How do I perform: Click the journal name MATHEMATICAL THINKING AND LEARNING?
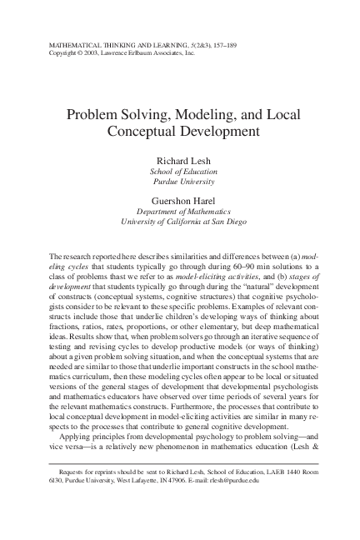click(101, 41)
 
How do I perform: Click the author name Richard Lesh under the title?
click(180, 159)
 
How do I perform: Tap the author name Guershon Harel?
click(180, 201)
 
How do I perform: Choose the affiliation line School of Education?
click(180, 170)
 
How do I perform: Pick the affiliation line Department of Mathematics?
click(180, 212)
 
